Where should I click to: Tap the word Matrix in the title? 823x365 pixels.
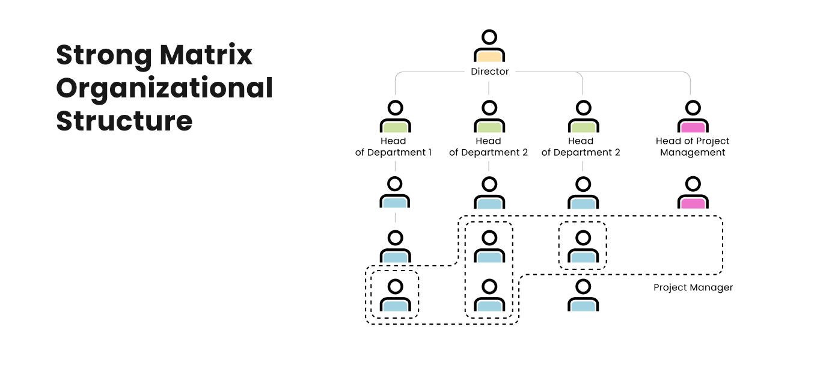[206, 56]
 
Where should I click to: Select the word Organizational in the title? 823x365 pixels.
[165, 88]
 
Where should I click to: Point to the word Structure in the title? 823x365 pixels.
[124, 120]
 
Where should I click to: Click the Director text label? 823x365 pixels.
[490, 72]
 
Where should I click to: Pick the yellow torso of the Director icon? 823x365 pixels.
[489, 56]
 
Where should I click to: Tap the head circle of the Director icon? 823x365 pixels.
[489, 37]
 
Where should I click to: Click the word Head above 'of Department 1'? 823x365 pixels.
[393, 141]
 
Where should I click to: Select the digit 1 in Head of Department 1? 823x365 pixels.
[429, 153]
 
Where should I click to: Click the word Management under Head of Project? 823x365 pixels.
[693, 153]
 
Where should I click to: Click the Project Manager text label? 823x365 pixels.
[693, 287]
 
